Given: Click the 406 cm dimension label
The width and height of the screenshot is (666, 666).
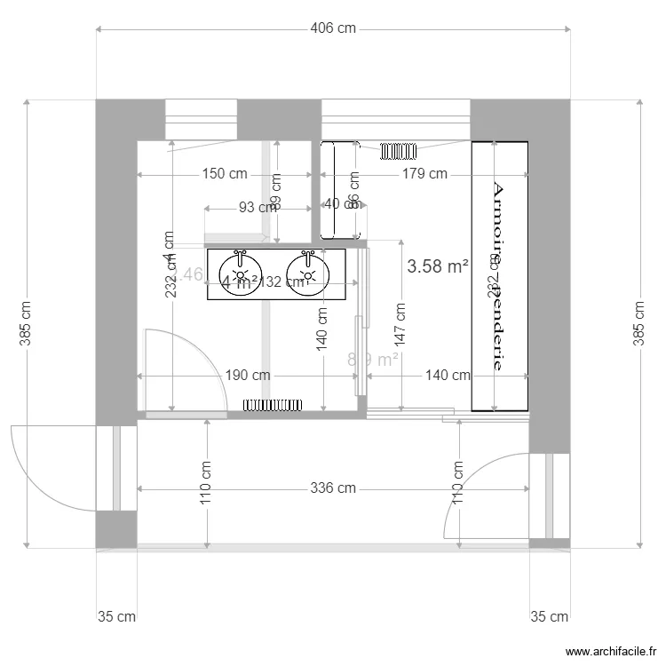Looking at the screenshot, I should click(x=333, y=28).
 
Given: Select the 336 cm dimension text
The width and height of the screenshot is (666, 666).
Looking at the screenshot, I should click(x=333, y=488).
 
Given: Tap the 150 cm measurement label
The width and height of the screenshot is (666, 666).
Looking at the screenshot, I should click(x=225, y=174).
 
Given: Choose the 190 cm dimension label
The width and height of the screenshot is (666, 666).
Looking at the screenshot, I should click(x=248, y=376).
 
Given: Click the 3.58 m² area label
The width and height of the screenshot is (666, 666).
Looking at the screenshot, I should click(x=437, y=266).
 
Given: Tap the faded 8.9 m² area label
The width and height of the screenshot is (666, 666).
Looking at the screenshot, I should click(x=372, y=360).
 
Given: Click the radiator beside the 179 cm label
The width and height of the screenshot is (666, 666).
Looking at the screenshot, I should click(x=400, y=151).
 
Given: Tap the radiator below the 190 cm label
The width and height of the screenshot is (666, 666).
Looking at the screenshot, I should click(x=274, y=406).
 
